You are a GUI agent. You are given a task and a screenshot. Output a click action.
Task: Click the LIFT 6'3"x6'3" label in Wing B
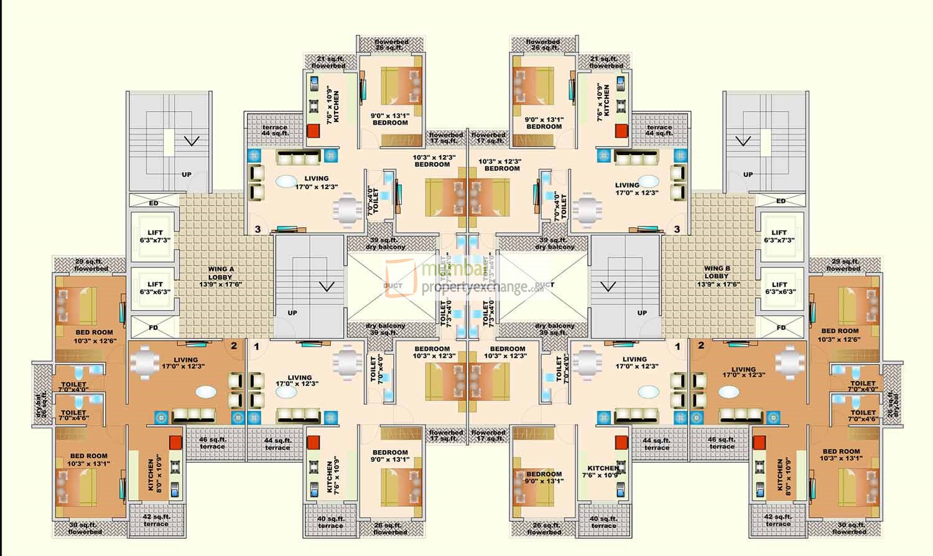779,288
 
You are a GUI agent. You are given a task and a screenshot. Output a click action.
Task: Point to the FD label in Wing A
154,327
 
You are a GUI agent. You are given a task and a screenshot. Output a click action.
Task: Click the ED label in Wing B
781,201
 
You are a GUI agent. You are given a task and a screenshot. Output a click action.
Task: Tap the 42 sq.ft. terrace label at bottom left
156,520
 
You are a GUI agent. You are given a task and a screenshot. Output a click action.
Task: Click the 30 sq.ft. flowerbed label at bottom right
848,529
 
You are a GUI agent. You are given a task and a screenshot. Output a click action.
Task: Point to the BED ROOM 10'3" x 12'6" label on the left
94,336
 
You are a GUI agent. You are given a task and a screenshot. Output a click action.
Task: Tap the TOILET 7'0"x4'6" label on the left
73,415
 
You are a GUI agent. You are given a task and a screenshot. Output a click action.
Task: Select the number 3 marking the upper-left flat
258,229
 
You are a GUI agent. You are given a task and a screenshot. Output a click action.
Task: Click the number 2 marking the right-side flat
700,346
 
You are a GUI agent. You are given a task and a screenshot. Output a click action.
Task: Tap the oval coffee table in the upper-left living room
286,182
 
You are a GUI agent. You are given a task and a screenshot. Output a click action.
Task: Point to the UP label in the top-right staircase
748,174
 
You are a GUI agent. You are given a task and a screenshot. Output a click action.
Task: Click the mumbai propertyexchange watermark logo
460,278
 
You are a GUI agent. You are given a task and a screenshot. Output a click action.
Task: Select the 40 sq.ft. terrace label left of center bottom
330,522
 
